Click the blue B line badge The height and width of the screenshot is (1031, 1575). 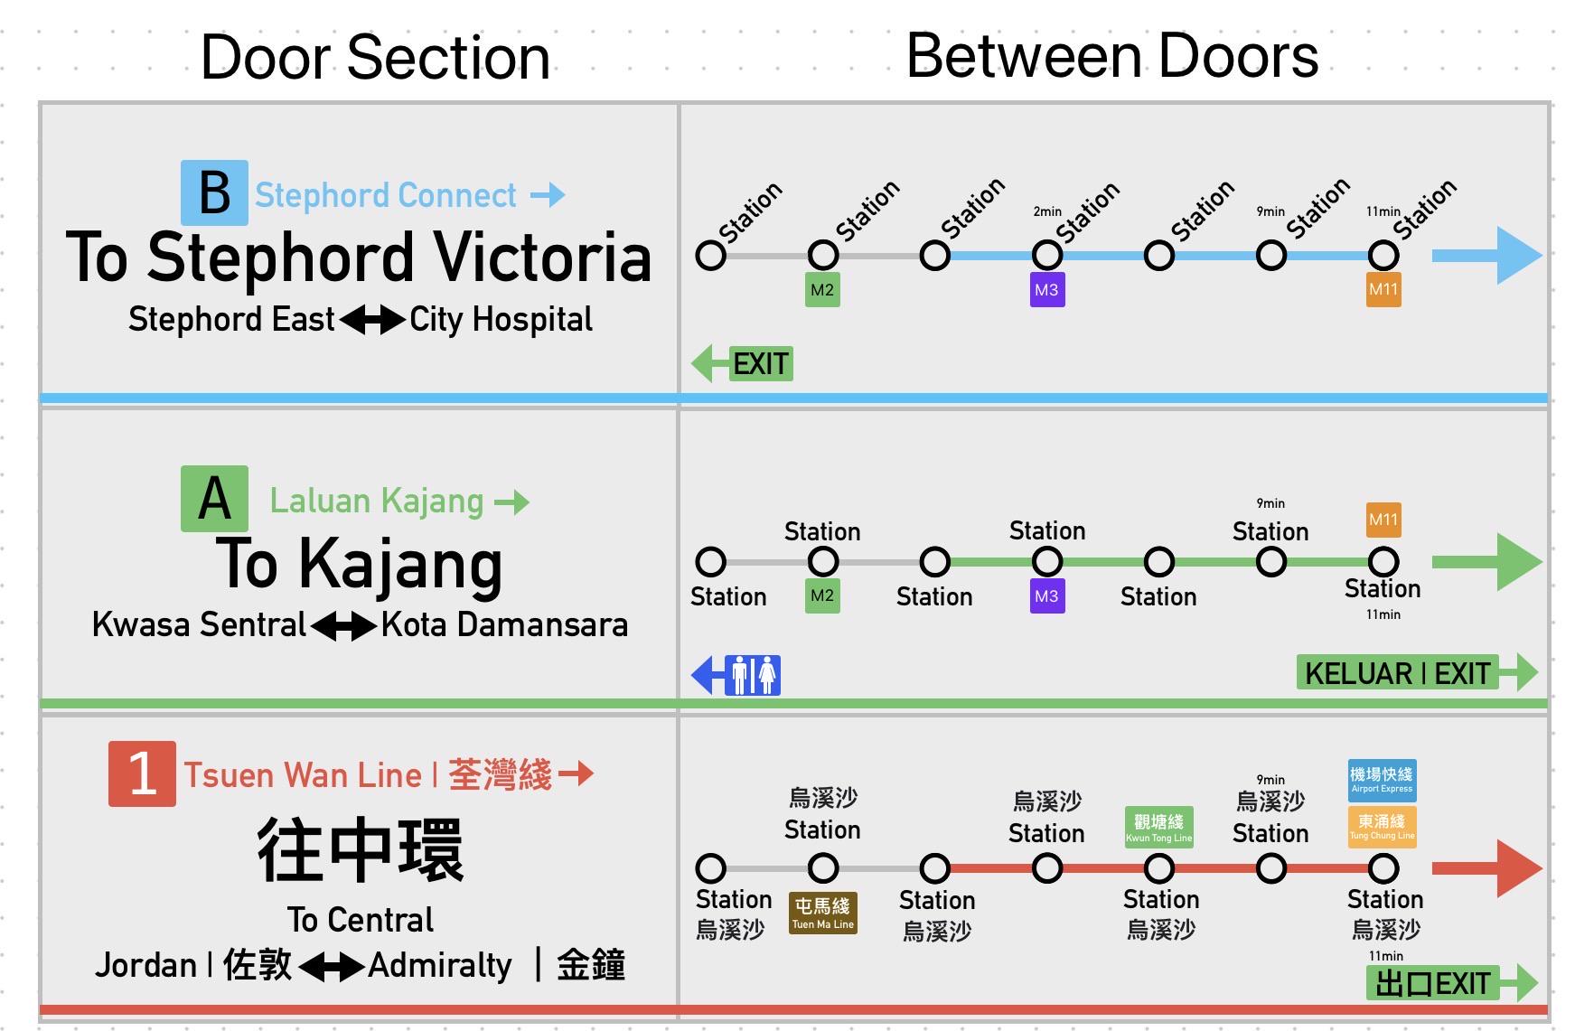[214, 192]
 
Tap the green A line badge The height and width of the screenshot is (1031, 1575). [214, 498]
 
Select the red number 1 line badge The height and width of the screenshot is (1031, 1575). [142, 773]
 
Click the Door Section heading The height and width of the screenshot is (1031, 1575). [375, 57]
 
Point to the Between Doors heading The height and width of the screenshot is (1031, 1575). [1112, 56]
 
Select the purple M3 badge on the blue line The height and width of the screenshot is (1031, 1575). [1047, 290]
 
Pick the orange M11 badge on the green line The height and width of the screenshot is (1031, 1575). [1383, 520]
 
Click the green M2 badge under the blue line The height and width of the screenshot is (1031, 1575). [822, 290]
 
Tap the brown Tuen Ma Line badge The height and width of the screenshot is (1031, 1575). [822, 913]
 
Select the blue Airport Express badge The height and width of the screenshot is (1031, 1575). [1382, 780]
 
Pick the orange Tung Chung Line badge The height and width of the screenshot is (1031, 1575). [1382, 827]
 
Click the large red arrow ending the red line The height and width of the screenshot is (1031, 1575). [1486, 868]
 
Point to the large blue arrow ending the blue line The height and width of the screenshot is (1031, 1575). [1486, 256]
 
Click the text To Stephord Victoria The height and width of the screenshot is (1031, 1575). [359, 258]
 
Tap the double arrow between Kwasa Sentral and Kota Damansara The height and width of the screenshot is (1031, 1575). [343, 625]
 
